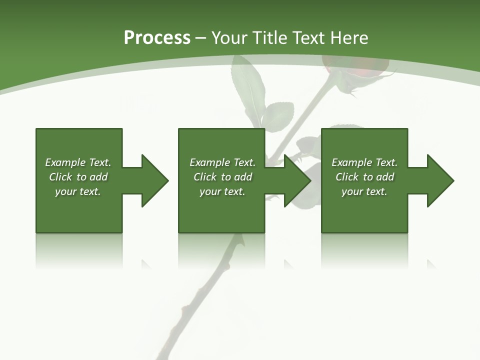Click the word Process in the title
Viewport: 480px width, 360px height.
click(157, 37)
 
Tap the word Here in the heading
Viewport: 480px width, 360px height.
click(349, 37)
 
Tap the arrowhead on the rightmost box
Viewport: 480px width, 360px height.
click(439, 180)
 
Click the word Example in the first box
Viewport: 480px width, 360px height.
click(65, 162)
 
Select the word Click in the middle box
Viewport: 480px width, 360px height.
click(205, 177)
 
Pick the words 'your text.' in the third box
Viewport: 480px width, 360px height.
click(364, 191)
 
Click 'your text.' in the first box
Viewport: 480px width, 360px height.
click(78, 191)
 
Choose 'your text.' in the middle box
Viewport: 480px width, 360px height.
click(222, 191)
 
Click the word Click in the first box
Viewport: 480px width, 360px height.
click(60, 177)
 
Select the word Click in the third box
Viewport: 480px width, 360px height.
click(347, 177)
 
